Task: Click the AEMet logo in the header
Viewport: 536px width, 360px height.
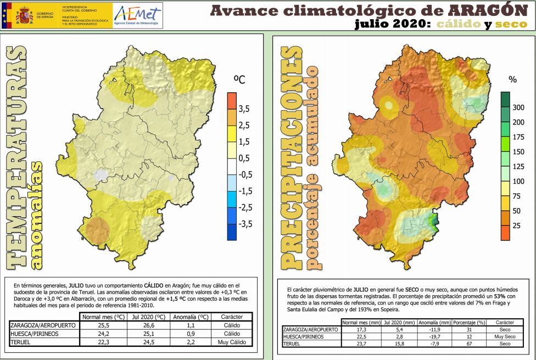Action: (x=136, y=15)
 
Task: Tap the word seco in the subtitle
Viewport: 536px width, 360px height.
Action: (x=511, y=24)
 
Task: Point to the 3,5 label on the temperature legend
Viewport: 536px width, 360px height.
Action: (x=243, y=109)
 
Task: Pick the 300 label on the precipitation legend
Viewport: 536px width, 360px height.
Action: (x=518, y=108)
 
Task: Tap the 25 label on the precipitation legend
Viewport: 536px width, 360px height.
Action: (x=516, y=226)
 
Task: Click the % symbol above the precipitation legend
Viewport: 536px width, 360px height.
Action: (x=512, y=80)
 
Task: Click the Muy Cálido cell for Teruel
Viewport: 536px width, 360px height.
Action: (x=231, y=342)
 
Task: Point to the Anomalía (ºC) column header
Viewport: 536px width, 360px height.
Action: (x=187, y=317)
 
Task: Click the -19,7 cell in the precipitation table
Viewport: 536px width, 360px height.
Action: (x=434, y=336)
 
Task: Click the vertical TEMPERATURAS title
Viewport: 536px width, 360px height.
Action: (x=18, y=159)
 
